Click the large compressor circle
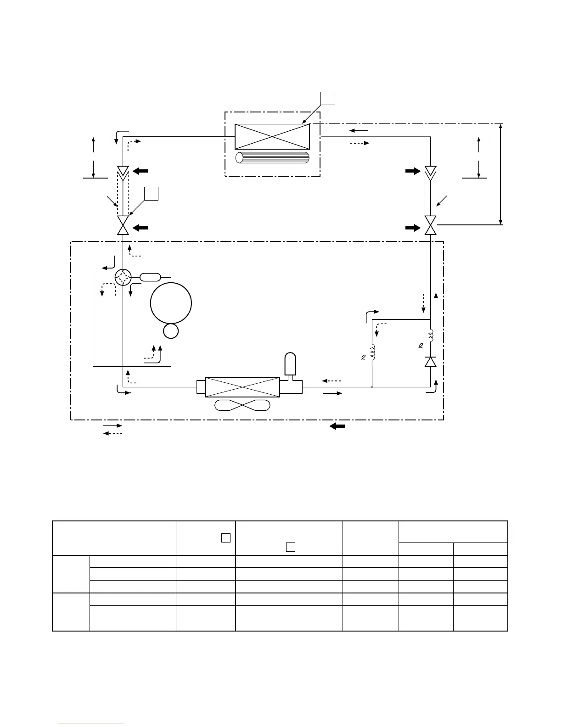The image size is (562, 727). [x=171, y=303]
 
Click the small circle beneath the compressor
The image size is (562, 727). [x=171, y=331]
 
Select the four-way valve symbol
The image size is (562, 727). [x=123, y=277]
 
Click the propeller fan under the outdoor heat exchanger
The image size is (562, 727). [x=242, y=405]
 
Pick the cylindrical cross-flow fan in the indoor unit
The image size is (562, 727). [x=272, y=157]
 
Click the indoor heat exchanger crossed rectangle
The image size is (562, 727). [x=272, y=136]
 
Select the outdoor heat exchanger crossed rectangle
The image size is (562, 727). [x=242, y=387]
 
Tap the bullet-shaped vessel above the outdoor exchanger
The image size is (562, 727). [x=291, y=365]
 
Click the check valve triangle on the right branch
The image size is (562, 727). [x=430, y=362]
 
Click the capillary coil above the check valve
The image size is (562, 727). [x=430, y=336]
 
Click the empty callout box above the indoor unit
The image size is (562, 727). [x=327, y=99]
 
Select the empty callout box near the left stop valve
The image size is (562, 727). [x=151, y=194]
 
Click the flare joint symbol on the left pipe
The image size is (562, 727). [x=123, y=172]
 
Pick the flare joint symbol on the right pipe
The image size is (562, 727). [x=430, y=172]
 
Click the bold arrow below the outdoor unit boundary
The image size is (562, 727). [x=337, y=426]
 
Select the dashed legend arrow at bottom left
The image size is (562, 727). [x=112, y=434]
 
